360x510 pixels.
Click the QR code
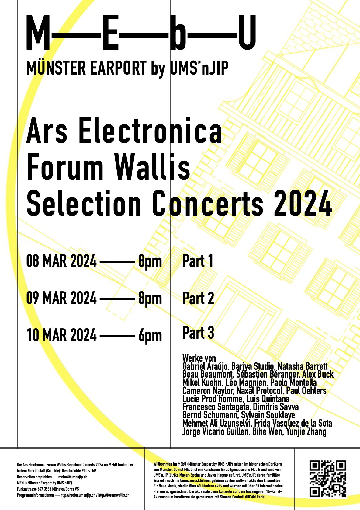pos(328,479)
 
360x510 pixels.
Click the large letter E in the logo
pos(111,32)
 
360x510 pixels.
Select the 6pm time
pos(150,336)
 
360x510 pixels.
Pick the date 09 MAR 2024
pos(61,298)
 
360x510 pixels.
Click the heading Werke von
pos(199,358)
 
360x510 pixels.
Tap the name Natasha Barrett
pos(303,366)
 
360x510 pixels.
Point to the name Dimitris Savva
pos(276,407)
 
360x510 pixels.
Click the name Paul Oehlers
pos(306,391)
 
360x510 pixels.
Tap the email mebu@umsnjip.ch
pos(73,477)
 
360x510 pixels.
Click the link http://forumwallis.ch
pos(114,495)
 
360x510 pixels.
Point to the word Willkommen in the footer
pos(163,464)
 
